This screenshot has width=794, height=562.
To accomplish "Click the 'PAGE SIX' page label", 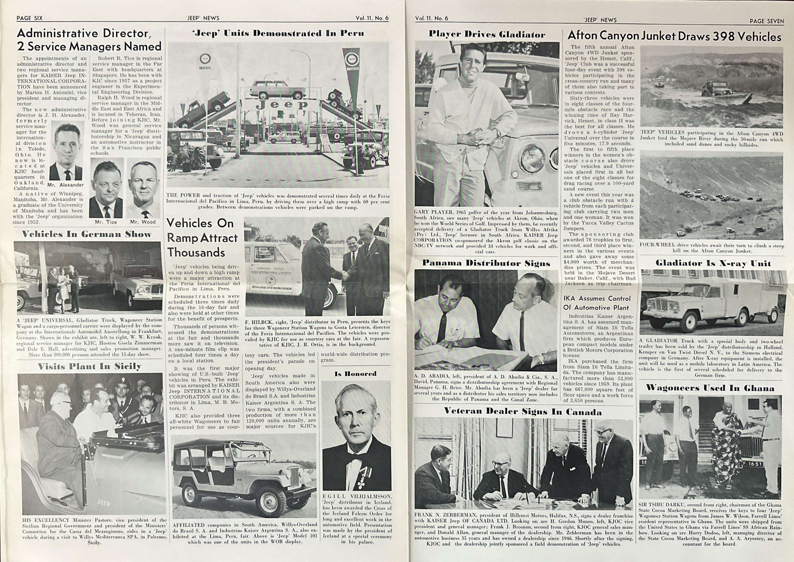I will tap(30, 18).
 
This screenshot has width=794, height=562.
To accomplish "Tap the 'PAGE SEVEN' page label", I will tap(766, 21).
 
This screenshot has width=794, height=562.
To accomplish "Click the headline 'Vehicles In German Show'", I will tap(86, 234).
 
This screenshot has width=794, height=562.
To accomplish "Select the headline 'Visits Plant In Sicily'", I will tap(90, 366).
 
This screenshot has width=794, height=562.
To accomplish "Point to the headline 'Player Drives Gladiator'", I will tap(487, 34).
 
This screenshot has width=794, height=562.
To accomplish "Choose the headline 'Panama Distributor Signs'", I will tap(486, 263).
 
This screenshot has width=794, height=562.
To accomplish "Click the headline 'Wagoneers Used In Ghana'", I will tap(710, 388).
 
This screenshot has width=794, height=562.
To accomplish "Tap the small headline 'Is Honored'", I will tap(355, 374).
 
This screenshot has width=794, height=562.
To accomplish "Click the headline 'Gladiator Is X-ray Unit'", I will tap(713, 264).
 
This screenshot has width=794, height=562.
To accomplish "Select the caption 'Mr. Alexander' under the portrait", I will tap(65, 185).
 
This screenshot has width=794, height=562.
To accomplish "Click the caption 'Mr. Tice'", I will tap(106, 222).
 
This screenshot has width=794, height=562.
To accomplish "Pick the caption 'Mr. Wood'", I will tap(143, 222).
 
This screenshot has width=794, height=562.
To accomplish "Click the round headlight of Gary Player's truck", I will tap(533, 159).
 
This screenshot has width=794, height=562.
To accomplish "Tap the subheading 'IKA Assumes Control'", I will tap(597, 298).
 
